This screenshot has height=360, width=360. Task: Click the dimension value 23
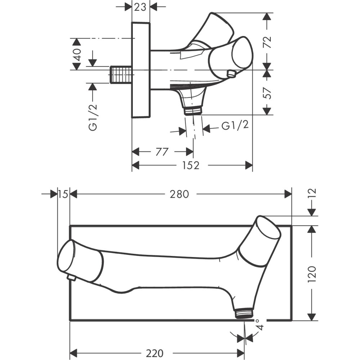point(140,6)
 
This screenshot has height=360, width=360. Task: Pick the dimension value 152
point(191,165)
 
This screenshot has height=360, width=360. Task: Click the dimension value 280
point(179,194)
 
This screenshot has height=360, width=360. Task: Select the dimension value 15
point(63,194)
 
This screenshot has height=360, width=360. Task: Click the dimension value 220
point(152,352)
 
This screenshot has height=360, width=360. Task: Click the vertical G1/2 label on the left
point(93,116)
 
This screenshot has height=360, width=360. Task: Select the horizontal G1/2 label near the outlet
point(235,126)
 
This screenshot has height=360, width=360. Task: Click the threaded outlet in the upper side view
point(193,110)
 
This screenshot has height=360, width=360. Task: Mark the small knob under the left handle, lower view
point(71,278)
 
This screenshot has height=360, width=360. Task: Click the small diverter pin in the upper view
point(231,74)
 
